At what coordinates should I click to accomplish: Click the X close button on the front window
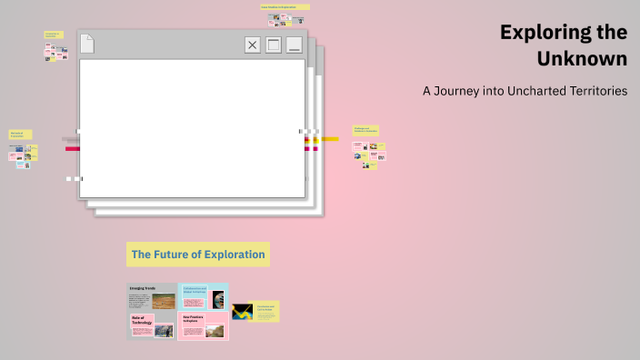tap(253, 45)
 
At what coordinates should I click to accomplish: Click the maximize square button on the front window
tap(273, 45)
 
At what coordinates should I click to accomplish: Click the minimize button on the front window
tap(294, 45)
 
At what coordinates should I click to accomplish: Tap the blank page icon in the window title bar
tap(87, 44)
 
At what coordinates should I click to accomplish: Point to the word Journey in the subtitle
tap(464, 91)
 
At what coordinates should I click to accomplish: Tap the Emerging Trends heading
tap(145, 288)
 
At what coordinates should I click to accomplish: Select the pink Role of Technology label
tap(142, 320)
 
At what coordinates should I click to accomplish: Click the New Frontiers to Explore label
tap(194, 319)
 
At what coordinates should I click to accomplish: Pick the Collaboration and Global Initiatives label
tap(195, 291)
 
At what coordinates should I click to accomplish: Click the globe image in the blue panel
tap(218, 299)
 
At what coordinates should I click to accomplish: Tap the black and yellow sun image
tap(242, 312)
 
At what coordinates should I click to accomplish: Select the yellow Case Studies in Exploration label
tap(285, 6)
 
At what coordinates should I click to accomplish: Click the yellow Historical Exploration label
tap(21, 135)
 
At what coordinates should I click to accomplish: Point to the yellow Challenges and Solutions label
tap(365, 130)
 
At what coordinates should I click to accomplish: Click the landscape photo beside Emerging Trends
tap(164, 300)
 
